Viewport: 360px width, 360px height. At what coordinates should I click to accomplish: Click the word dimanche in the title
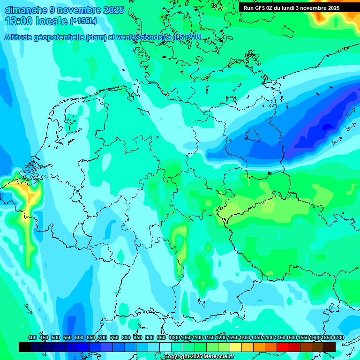point(25,10)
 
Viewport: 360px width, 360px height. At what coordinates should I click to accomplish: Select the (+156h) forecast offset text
point(84,21)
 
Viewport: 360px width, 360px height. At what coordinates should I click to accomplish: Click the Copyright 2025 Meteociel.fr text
point(199,356)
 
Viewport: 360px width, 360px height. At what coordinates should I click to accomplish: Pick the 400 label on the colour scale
point(32,337)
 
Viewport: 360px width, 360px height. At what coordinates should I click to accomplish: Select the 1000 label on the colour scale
point(174,337)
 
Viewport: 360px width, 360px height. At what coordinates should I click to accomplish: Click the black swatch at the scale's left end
point(25,347)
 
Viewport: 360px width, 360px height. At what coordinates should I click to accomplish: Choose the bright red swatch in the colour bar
point(283,347)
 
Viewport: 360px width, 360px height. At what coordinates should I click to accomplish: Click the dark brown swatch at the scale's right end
point(330,347)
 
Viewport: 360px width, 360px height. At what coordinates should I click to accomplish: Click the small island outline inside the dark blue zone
point(253,135)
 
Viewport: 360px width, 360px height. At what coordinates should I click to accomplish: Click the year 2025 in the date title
point(113,10)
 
